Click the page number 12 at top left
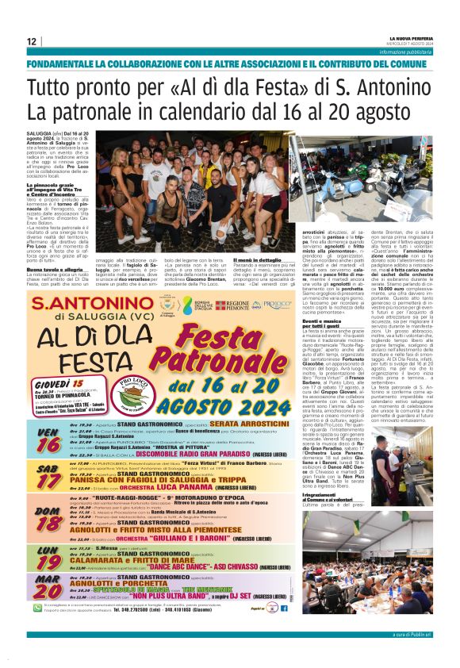click(x=32, y=41)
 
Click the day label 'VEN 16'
click(x=48, y=439)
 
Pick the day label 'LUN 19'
click(x=48, y=558)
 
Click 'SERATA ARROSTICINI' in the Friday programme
click(x=245, y=425)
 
